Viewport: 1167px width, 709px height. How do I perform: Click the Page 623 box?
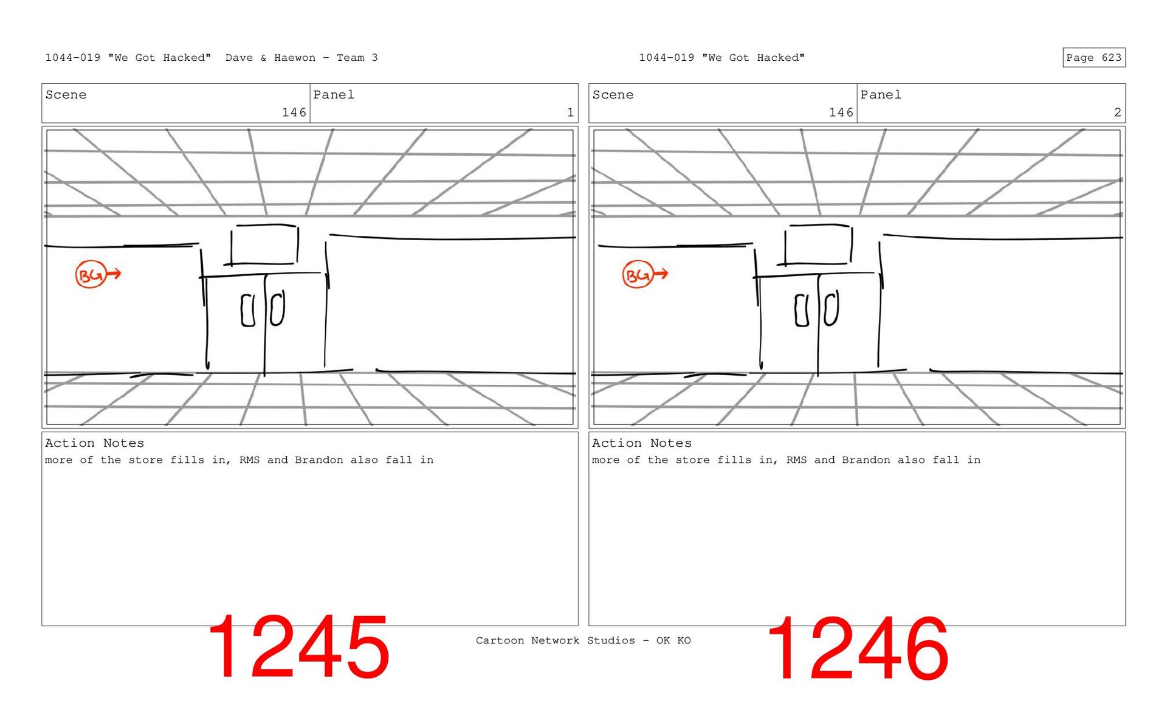1093,58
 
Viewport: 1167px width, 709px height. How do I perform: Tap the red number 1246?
858,648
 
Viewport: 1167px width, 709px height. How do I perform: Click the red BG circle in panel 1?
91,275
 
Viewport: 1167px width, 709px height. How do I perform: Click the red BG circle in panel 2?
638,275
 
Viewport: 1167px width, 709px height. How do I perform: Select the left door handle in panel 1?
248,311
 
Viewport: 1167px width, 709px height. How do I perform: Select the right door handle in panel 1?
277,309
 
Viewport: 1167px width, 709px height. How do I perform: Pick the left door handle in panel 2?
802,311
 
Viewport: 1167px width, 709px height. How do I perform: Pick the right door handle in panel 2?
831,308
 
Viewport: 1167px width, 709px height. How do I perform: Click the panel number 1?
570,112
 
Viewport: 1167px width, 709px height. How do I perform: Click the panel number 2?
1117,112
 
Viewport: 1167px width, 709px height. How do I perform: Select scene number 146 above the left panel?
294,112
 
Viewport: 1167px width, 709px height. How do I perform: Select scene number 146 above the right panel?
841,112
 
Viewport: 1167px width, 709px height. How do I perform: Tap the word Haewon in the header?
295,58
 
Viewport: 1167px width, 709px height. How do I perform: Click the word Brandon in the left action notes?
319,460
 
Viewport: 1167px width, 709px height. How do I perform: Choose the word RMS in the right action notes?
796,460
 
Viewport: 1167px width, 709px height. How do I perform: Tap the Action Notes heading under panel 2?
642,443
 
